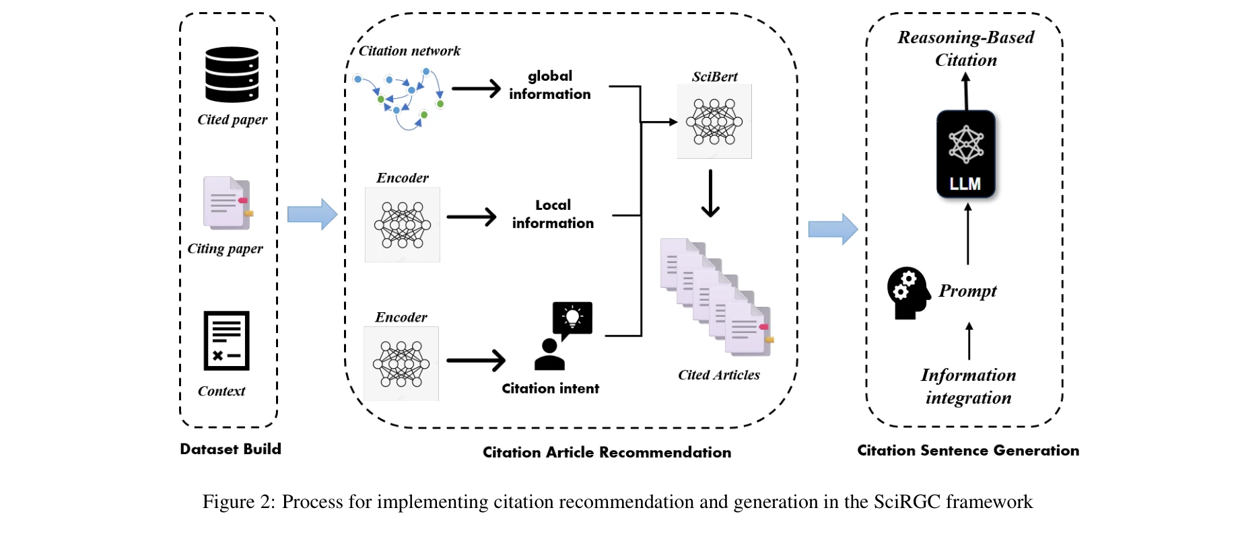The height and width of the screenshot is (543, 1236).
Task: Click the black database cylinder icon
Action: pos(232,74)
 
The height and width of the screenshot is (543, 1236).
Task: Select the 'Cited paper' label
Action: pos(232,120)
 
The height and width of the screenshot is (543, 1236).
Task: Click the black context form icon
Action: pos(227,340)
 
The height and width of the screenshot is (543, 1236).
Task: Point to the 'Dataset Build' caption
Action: pos(230,449)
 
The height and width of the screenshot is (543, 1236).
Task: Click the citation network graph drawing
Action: pos(399,100)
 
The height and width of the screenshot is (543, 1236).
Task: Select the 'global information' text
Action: pos(549,85)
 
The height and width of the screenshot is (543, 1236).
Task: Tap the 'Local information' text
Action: pos(553,214)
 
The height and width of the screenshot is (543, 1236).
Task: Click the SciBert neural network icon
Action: pos(714,122)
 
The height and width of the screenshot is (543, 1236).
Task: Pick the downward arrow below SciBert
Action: pos(710,193)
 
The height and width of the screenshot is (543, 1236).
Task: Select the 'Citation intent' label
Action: pos(550,389)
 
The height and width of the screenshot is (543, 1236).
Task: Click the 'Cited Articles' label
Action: pos(718,375)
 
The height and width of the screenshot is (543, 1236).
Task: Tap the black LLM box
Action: pos(965,154)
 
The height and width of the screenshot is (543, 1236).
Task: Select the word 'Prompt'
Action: pos(967,291)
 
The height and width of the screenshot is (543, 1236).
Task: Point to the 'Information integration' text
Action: pos(968,386)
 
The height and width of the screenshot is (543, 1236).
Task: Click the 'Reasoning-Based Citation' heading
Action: pos(965,48)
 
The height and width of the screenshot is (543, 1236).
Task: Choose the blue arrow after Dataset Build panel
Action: pos(312,215)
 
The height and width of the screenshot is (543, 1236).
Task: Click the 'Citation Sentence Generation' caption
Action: pos(967,451)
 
